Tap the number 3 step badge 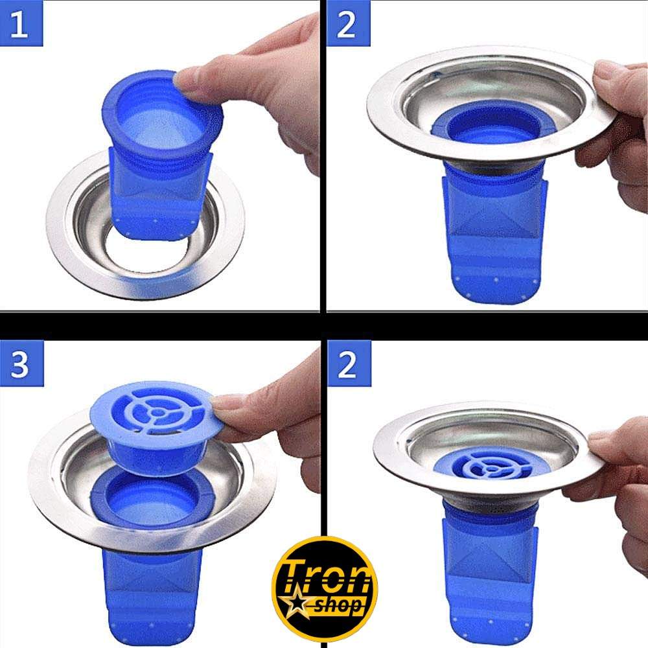(21, 364)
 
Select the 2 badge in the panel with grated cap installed (349, 364)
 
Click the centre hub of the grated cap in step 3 (157, 412)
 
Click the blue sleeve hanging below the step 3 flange (152, 595)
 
